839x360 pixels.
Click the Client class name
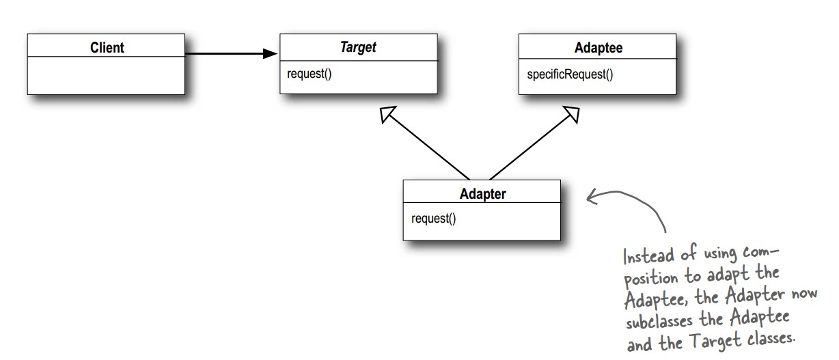[107, 48]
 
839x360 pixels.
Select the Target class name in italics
[358, 47]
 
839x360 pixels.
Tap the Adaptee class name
[598, 48]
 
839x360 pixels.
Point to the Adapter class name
[482, 194]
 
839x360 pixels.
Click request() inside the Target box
[309, 74]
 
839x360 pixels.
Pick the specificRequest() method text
[570, 74]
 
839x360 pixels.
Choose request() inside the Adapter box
[433, 219]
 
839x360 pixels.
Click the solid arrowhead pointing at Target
[270, 53]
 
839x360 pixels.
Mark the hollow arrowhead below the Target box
[387, 114]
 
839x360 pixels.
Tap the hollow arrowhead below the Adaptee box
[572, 114]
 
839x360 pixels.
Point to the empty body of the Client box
[106, 76]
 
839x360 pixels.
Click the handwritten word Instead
[649, 257]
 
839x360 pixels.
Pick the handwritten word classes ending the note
[771, 339]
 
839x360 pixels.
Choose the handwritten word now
[804, 293]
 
